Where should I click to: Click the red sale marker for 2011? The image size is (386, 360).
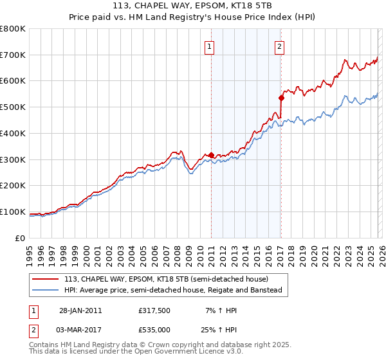pos(211,155)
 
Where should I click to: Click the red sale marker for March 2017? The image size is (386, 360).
pos(281,98)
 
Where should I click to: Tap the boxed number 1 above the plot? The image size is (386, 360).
pos(210,46)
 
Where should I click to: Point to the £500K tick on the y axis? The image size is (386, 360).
pos(12,107)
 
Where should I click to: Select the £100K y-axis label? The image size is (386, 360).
pos(12,212)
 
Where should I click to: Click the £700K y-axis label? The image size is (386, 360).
pos(12,55)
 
